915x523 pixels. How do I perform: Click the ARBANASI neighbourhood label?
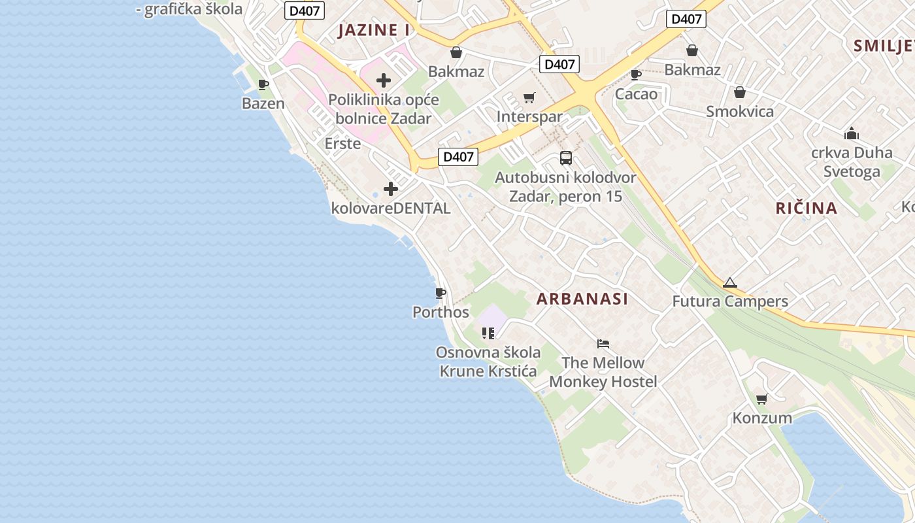582,299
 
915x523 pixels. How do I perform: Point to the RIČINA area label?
807,208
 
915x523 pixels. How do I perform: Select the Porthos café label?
441,312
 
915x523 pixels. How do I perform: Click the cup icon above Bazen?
263,85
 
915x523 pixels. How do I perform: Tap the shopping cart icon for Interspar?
529,98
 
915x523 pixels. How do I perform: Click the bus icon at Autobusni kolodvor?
566,158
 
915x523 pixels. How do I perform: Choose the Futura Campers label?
730,301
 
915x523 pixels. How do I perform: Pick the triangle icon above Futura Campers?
730,283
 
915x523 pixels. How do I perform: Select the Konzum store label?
762,418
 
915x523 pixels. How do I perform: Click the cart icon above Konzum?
761,399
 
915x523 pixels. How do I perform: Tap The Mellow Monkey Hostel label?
603,372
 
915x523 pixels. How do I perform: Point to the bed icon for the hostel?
603,344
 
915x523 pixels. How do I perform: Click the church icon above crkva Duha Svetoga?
851,134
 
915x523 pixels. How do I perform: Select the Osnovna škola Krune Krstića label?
488,362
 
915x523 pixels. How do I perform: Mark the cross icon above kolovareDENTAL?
391,190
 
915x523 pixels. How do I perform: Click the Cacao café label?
636,94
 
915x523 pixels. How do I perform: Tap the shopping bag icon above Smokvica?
740,93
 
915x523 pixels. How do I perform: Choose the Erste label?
342,143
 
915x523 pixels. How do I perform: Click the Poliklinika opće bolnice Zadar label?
384,109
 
